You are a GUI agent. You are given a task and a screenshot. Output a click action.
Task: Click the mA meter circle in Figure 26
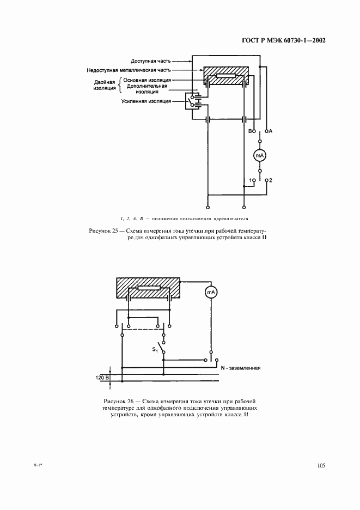[211, 293]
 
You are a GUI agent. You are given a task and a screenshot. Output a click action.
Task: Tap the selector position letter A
[270, 131]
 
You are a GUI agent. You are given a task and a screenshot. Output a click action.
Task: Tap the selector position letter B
[250, 131]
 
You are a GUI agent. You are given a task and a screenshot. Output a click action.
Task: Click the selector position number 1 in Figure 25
[250, 180]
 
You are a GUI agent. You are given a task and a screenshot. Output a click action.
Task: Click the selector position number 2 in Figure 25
[270, 180]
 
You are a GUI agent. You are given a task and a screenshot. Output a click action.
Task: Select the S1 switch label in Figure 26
[155, 349]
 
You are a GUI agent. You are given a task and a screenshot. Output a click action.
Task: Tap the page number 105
[320, 465]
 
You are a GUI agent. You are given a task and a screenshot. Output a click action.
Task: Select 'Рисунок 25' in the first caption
[103, 231]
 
